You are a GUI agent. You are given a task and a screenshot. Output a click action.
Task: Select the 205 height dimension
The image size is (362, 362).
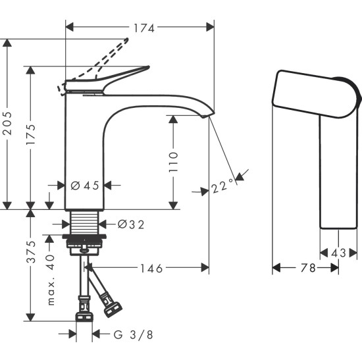coord(9,123)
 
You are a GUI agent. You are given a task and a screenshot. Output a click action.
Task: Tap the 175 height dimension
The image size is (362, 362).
coord(31,135)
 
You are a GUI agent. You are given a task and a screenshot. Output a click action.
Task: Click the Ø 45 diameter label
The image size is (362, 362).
coord(84,186)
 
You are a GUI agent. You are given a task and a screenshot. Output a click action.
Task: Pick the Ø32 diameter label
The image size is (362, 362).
coord(130,224)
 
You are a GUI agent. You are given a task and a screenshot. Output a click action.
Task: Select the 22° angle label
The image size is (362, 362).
coord(222,187)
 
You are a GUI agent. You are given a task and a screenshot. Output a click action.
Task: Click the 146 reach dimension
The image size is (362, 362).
coord(151,268)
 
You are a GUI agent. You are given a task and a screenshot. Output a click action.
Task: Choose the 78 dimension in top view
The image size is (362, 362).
coord(307,268)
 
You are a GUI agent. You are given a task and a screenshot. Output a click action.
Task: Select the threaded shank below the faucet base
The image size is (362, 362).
coord(84,222)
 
